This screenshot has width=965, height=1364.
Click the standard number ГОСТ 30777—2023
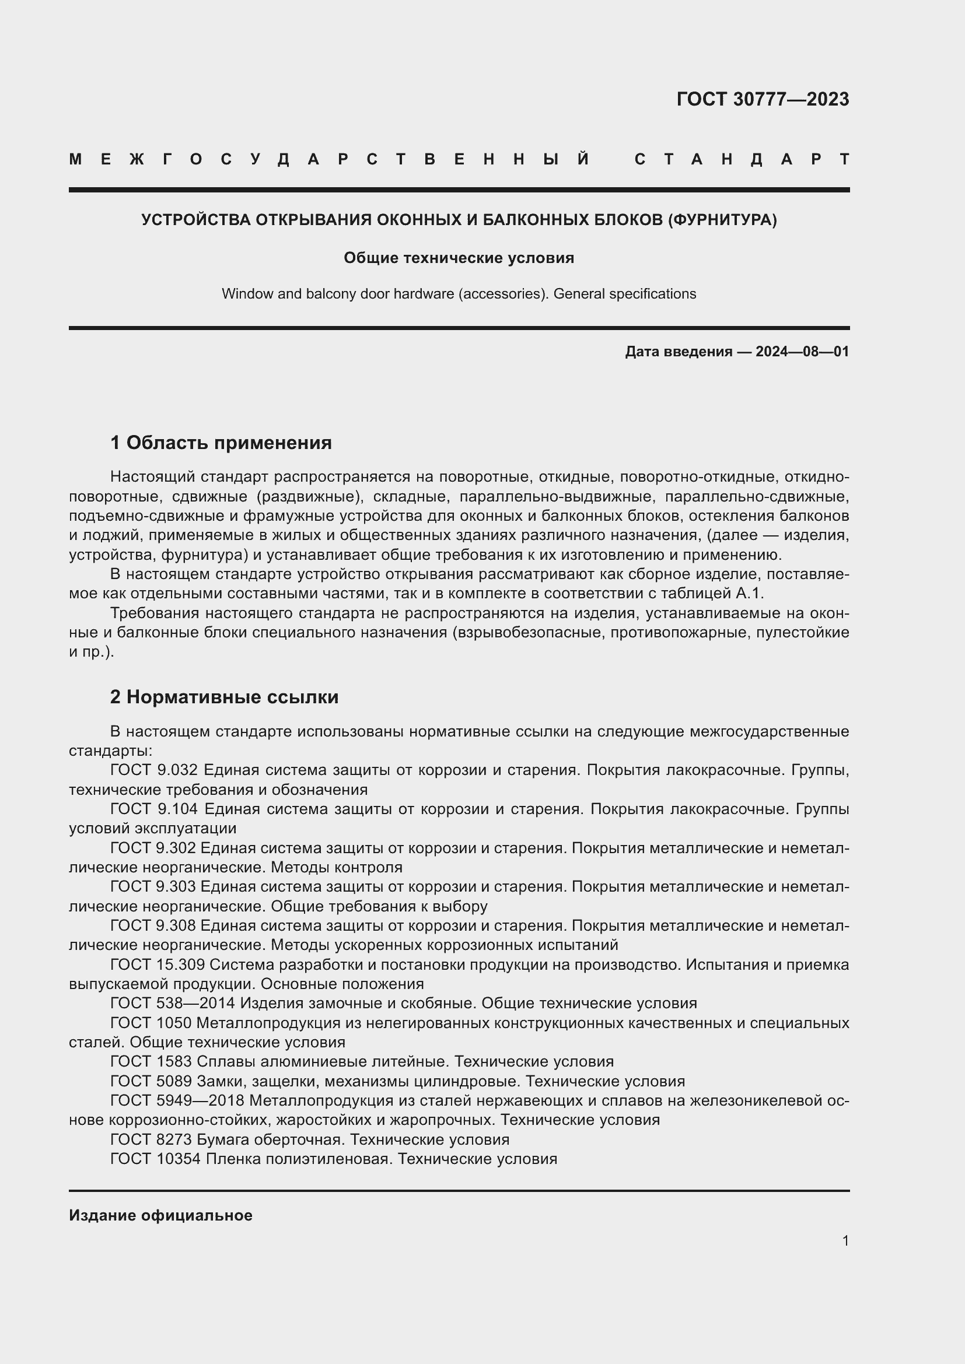coord(763,99)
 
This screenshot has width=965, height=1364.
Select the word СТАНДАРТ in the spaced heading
coord(742,159)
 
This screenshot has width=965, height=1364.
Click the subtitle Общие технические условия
coord(459,258)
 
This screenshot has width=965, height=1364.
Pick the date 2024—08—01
coord(802,352)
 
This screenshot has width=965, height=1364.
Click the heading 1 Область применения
coord(221,443)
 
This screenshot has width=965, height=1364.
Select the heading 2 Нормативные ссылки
coord(224,697)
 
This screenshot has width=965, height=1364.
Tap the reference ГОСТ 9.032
coord(153,770)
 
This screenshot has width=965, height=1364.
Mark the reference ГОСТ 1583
coord(151,1061)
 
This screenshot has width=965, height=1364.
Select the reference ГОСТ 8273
coord(151,1139)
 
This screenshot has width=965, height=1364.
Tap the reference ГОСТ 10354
coord(156,1159)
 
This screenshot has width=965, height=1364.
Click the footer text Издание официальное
coord(160,1215)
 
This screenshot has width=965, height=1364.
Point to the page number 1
coord(845,1240)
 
